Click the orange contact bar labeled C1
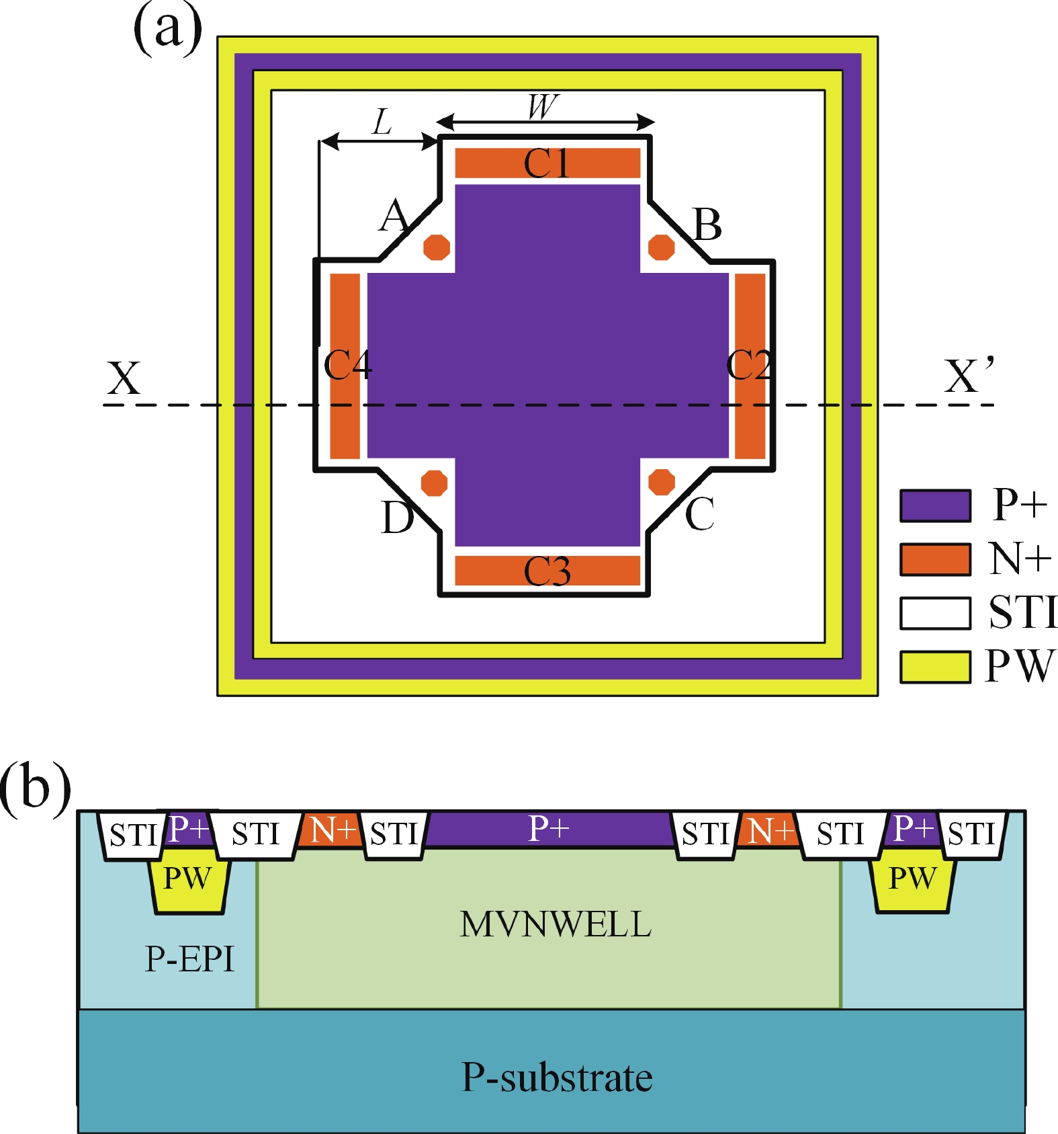pos(547,163)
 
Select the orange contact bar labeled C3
pos(547,571)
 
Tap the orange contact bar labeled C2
pos(750,366)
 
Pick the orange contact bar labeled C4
pos(345,366)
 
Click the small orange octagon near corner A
pos(437,247)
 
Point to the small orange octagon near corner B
pos(661,247)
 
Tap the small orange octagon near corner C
pos(662,482)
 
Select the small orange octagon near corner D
pos(434,483)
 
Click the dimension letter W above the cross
pos(543,106)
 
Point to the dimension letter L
pos(382,122)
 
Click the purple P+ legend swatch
pos(935,505)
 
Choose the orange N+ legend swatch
pos(935,559)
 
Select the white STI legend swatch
pos(935,613)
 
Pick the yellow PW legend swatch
pos(935,667)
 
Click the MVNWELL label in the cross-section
pos(556,924)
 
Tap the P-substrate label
pos(557,1078)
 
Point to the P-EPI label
pos(189,959)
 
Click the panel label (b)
pos(35,785)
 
